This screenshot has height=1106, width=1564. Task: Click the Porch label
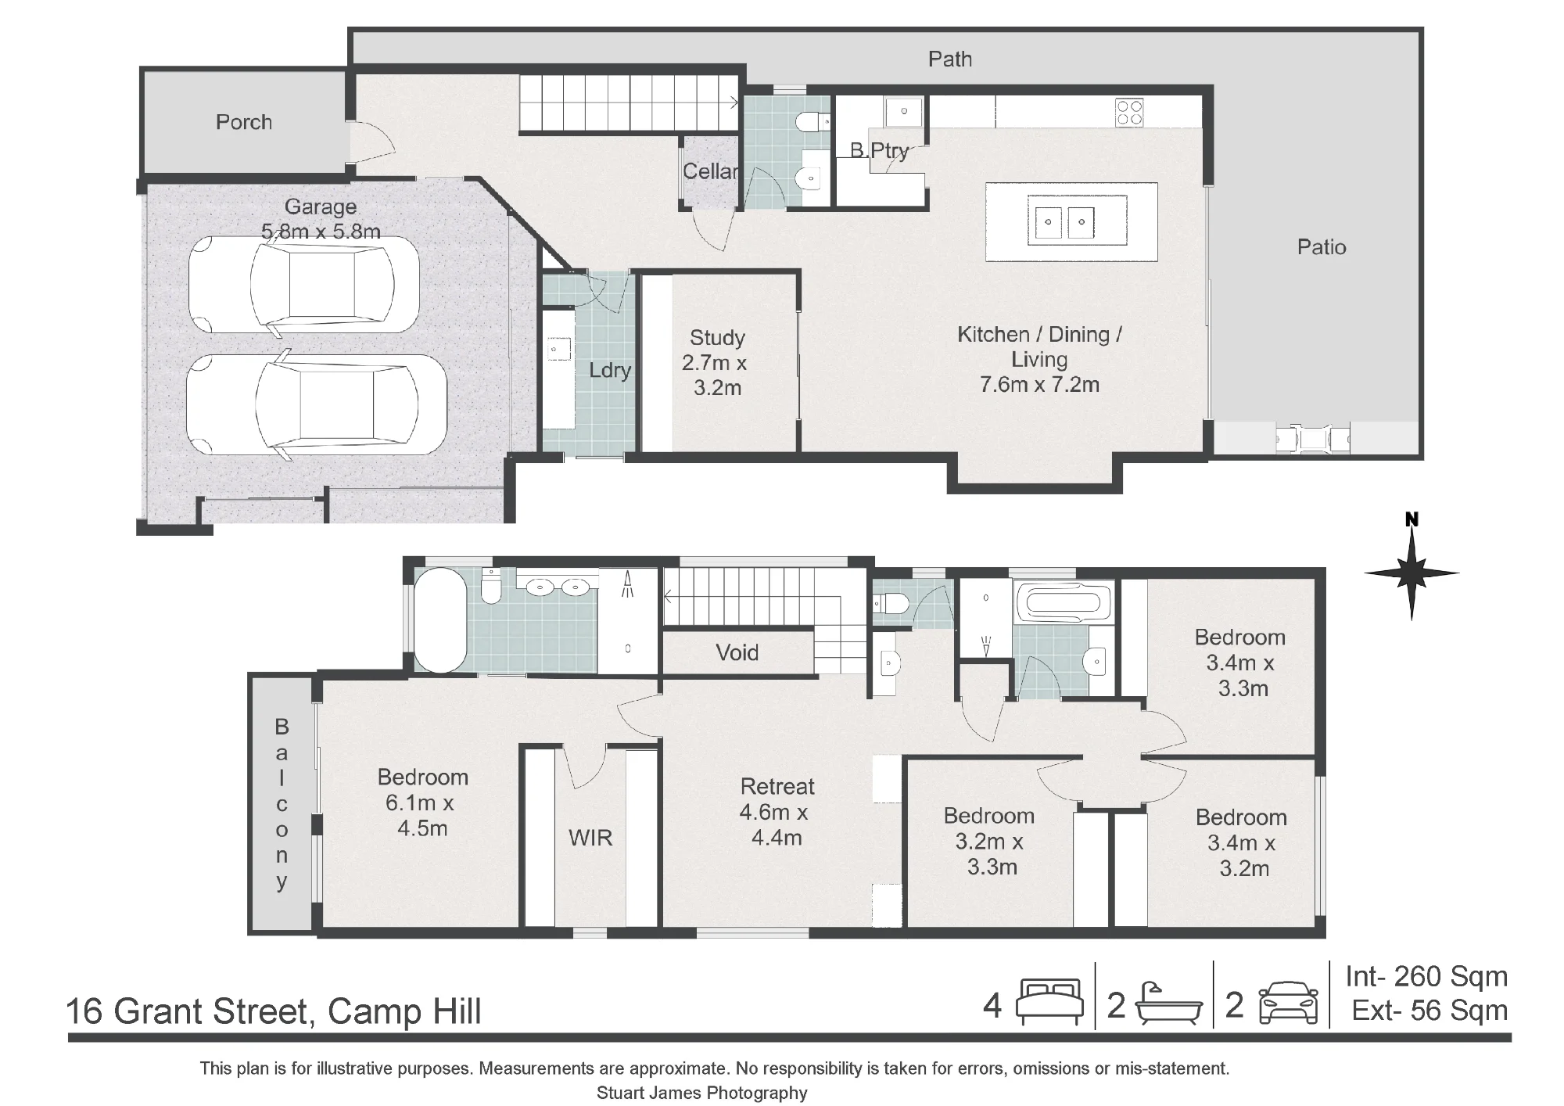click(244, 122)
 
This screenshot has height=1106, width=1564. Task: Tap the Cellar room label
click(710, 171)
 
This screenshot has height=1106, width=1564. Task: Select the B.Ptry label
click(879, 150)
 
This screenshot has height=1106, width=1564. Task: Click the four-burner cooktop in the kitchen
click(1129, 112)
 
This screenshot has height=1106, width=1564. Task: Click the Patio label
click(1322, 247)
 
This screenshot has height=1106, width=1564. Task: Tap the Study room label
click(717, 338)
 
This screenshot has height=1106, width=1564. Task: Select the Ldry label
click(610, 370)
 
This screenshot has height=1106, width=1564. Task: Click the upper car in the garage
click(303, 285)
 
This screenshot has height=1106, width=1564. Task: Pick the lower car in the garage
click(316, 405)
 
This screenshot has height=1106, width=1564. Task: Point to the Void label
click(737, 652)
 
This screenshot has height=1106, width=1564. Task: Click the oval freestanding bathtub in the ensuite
click(439, 619)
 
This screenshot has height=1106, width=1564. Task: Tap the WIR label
click(590, 838)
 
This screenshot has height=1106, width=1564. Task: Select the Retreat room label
click(777, 786)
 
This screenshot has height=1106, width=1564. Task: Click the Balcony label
click(282, 804)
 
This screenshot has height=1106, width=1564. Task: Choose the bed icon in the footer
click(1049, 1002)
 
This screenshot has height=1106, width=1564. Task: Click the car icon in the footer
click(1290, 1004)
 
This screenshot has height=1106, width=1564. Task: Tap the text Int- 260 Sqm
click(1426, 976)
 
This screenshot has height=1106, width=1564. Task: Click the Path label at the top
click(950, 59)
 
